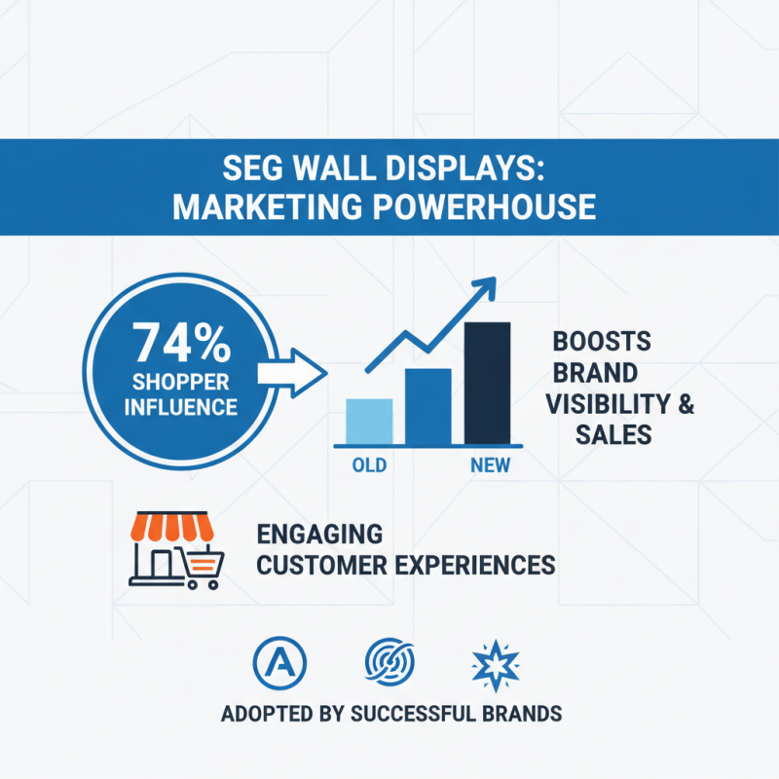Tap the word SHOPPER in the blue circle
(182, 382)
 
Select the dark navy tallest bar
(487, 382)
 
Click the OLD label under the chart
(369, 465)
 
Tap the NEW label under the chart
(489, 465)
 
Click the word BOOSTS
(602, 343)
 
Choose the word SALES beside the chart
(612, 434)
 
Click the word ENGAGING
(318, 534)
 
